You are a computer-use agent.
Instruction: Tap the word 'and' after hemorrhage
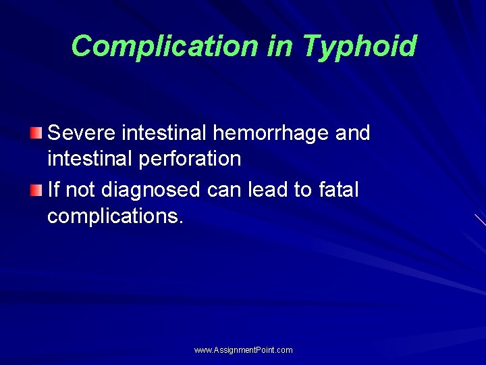[352, 133]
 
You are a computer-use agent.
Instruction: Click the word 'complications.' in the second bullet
[115, 216]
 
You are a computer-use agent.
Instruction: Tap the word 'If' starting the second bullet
[53, 190]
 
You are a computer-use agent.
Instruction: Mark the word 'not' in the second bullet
[80, 190]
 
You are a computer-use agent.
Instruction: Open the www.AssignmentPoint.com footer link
[243, 350]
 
